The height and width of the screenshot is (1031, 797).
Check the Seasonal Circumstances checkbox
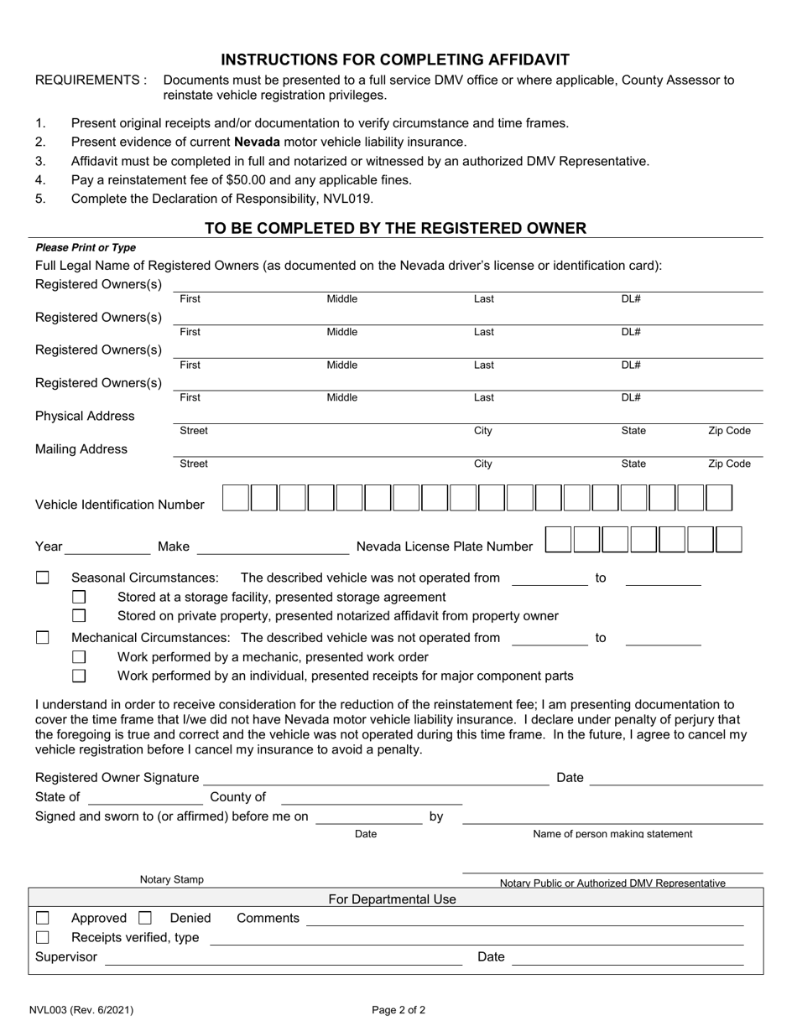(x=43, y=578)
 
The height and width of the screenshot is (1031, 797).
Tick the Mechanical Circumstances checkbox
(x=43, y=638)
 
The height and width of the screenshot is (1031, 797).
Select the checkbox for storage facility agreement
(x=79, y=597)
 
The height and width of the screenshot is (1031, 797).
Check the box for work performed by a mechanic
(x=79, y=657)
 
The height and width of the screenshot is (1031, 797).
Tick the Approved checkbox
(x=43, y=918)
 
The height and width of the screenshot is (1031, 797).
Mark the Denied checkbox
(x=145, y=918)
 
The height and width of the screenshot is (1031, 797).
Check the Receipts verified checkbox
(x=43, y=937)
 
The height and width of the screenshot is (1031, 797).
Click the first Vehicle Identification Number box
(x=235, y=498)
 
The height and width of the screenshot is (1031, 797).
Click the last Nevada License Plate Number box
(x=729, y=540)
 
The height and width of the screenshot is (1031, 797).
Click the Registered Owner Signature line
(x=376, y=781)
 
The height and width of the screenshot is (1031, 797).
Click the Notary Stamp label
(x=171, y=880)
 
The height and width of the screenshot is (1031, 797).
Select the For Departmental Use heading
(x=392, y=899)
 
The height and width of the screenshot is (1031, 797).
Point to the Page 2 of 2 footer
(x=398, y=1010)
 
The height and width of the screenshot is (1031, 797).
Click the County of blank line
(x=370, y=800)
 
